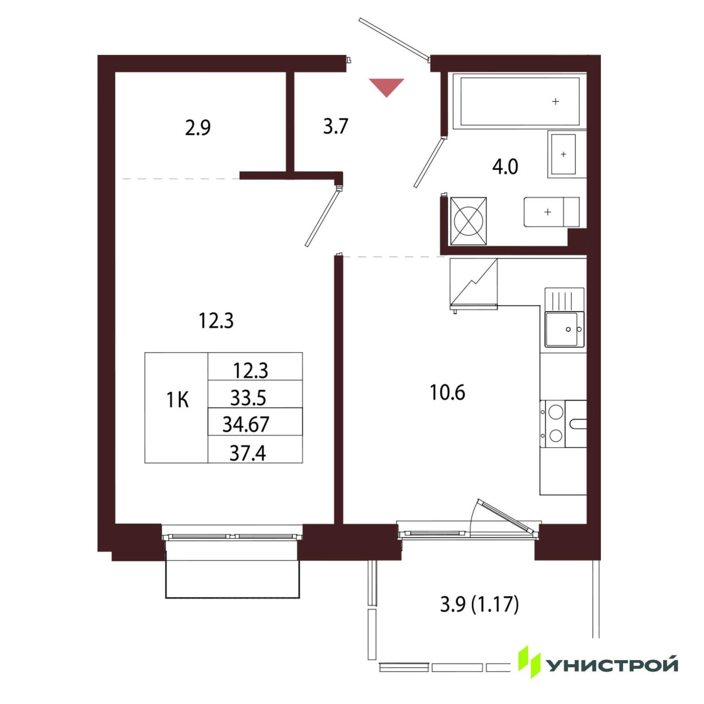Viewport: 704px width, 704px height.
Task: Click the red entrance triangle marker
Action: pyautogui.click(x=386, y=86)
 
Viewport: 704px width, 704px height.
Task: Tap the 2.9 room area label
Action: pyautogui.click(x=198, y=127)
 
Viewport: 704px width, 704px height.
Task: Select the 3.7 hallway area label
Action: pyautogui.click(x=336, y=126)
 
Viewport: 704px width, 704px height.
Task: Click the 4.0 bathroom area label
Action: pyautogui.click(x=505, y=167)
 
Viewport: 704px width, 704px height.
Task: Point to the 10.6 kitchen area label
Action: pyautogui.click(x=447, y=393)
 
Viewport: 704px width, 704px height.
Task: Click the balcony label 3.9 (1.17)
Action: pyautogui.click(x=479, y=605)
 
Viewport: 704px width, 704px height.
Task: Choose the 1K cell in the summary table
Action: pyautogui.click(x=177, y=401)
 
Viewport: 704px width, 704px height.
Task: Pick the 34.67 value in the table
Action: pyautogui.click(x=246, y=424)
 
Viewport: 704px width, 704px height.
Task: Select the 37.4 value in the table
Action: pyautogui.click(x=247, y=453)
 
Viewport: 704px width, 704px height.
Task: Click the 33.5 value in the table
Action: pyautogui.click(x=248, y=398)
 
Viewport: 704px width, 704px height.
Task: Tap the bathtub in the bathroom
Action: pyautogui.click(x=520, y=101)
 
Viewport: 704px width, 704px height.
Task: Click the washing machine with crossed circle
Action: pyautogui.click(x=468, y=221)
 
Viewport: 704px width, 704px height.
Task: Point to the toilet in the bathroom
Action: pyautogui.click(x=552, y=212)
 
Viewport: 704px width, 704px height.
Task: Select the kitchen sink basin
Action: pyautogui.click(x=565, y=329)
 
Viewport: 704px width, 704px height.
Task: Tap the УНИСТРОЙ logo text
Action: pyautogui.click(x=613, y=665)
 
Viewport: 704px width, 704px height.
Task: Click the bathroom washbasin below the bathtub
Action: pyautogui.click(x=563, y=154)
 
